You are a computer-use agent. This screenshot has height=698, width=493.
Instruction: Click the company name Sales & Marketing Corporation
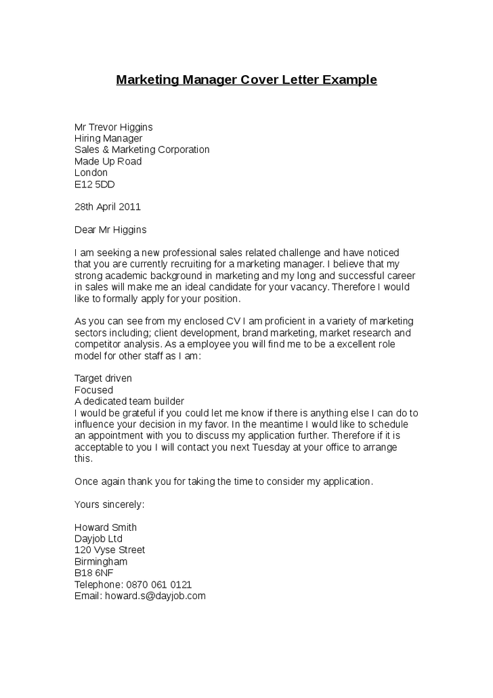[142, 150]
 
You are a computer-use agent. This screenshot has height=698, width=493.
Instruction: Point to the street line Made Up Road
[108, 161]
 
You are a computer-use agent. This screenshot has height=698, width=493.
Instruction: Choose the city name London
[91, 173]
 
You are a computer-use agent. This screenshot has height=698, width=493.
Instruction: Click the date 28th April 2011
[107, 206]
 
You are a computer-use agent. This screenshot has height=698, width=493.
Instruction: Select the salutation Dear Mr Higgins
[110, 230]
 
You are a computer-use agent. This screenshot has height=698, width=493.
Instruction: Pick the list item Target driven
[103, 378]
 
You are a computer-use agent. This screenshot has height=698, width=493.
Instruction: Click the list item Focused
[93, 390]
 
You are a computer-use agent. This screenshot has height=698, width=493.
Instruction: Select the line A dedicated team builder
[129, 401]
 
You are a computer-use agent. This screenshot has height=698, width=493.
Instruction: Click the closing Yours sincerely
[109, 504]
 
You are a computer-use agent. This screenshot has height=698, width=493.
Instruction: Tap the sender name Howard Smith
[105, 527]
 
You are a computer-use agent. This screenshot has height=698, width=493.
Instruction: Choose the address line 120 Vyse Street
[109, 550]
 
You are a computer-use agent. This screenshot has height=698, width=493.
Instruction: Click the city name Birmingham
[100, 561]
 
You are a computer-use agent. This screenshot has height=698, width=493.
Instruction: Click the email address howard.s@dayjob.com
[154, 596]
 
